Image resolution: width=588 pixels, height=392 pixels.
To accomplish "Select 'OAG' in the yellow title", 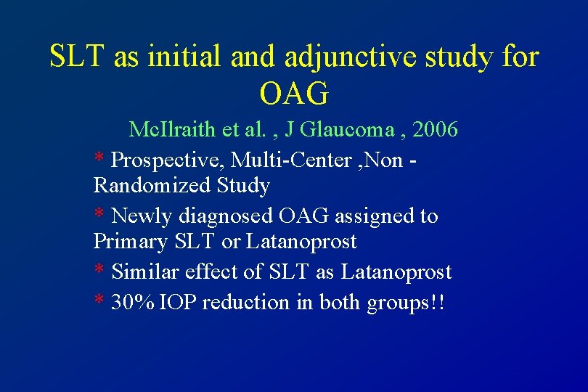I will point(294,92).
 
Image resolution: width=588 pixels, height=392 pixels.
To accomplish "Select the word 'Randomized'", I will point(152,186).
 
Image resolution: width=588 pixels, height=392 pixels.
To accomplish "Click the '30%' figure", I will point(133,302).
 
